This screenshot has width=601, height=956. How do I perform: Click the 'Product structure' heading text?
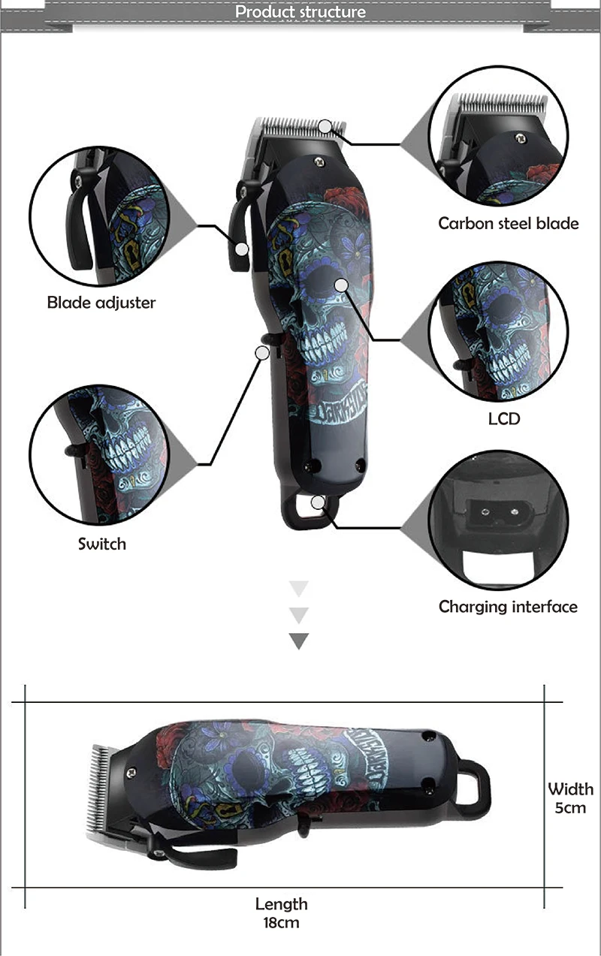pyautogui.click(x=300, y=12)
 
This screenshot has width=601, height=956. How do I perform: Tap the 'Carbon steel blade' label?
pyautogui.click(x=508, y=223)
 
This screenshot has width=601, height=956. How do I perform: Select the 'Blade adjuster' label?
pyautogui.click(x=101, y=303)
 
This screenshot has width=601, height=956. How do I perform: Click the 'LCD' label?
pyautogui.click(x=503, y=418)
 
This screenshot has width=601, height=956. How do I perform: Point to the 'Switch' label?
pyautogui.click(x=102, y=543)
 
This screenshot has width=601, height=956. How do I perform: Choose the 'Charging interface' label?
pyautogui.click(x=508, y=607)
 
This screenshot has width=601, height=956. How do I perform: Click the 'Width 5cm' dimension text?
pyautogui.click(x=570, y=798)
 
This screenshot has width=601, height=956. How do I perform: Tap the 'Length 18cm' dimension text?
pyautogui.click(x=282, y=913)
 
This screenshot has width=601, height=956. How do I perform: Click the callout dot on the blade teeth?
pyautogui.click(x=325, y=126)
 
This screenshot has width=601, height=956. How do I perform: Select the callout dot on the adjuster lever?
pyautogui.click(x=241, y=249)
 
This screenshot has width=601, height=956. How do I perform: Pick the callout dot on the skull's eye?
pyautogui.click(x=341, y=285)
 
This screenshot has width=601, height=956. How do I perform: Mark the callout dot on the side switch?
pyautogui.click(x=263, y=351)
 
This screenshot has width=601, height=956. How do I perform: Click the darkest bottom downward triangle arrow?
pyautogui.click(x=299, y=641)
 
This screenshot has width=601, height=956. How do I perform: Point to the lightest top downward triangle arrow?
pyautogui.click(x=299, y=588)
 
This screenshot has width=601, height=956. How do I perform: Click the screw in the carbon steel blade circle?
pyautogui.click(x=518, y=137)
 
